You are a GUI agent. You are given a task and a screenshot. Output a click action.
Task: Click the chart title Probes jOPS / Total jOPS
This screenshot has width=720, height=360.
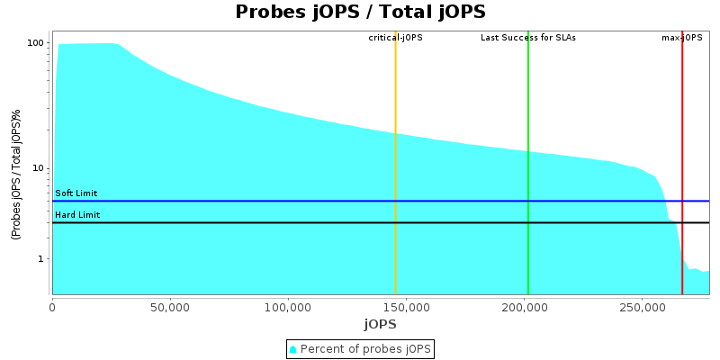[360, 12]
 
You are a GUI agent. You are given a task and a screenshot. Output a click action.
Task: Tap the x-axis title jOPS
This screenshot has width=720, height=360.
[381, 324]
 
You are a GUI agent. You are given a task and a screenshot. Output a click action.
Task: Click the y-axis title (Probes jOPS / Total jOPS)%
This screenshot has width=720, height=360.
[15, 175]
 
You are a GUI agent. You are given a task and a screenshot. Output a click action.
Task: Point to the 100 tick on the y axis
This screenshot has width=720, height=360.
[36, 43]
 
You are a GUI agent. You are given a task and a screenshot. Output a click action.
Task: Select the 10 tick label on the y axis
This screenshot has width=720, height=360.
[39, 168]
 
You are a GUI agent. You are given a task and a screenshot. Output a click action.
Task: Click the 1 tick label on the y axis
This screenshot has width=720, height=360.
[41, 259]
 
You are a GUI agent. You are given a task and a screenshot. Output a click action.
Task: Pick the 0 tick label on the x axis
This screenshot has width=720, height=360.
[52, 306]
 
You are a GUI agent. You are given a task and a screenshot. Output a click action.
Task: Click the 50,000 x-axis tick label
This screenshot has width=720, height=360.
[170, 306]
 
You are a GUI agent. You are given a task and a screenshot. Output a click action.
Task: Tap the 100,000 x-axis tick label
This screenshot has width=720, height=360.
[288, 306]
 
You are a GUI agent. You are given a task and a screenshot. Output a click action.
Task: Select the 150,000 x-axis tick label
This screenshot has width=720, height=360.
[406, 306]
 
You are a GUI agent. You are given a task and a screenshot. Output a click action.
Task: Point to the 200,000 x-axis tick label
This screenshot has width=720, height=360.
[525, 306]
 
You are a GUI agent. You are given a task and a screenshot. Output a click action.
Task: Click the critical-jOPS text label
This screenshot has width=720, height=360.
[395, 38]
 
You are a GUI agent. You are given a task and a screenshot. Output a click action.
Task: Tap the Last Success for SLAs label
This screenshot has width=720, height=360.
[527, 38]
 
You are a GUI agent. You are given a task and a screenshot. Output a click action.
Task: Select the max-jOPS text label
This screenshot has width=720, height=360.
[681, 38]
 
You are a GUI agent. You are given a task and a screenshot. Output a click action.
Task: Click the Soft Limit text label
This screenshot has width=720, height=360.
[76, 193]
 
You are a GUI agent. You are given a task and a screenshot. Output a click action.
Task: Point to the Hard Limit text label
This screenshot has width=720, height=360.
[77, 215]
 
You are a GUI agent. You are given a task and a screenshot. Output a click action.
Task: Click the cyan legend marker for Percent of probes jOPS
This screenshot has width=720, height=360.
[293, 349]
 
